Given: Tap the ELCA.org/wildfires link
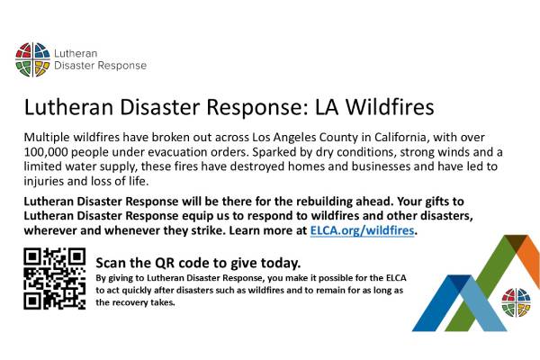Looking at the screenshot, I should point(363,231).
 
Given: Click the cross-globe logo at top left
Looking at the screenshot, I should point(32,59).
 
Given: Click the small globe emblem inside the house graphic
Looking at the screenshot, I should point(516,301).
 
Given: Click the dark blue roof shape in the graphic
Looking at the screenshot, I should point(441,297).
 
